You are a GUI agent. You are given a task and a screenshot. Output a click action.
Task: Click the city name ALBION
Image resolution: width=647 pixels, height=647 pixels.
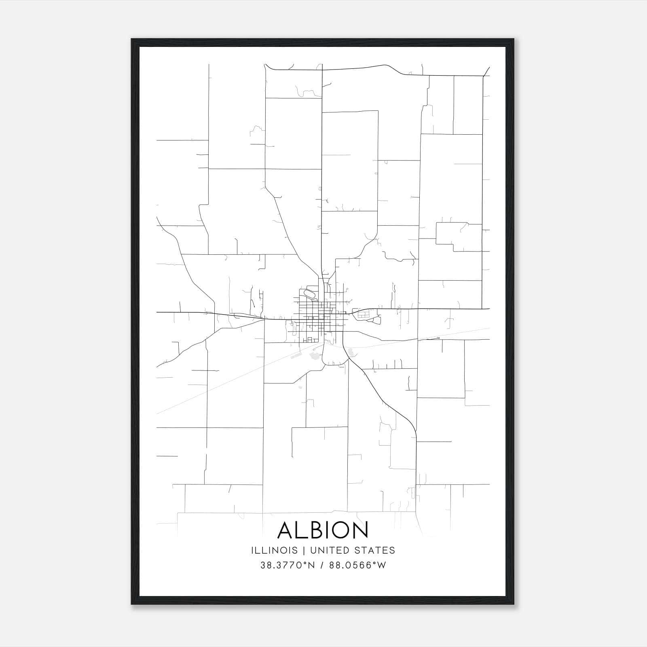click(x=323, y=530)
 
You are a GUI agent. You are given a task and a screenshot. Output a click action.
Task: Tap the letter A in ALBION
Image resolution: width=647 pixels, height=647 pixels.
click(x=286, y=530)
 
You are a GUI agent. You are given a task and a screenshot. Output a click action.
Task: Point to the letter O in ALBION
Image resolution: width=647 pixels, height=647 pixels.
click(x=341, y=530)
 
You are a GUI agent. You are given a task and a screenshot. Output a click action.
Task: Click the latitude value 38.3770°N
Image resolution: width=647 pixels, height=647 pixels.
click(x=287, y=565)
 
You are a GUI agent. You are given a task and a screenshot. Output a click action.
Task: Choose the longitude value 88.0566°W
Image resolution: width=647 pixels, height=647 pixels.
click(x=357, y=565)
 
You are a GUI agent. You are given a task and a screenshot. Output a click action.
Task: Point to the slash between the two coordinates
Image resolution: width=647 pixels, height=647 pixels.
click(x=322, y=565)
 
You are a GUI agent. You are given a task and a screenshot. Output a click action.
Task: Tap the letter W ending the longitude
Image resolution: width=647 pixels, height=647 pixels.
click(x=382, y=565)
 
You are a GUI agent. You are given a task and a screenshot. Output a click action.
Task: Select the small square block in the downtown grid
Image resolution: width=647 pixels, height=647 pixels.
click(x=322, y=317)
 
